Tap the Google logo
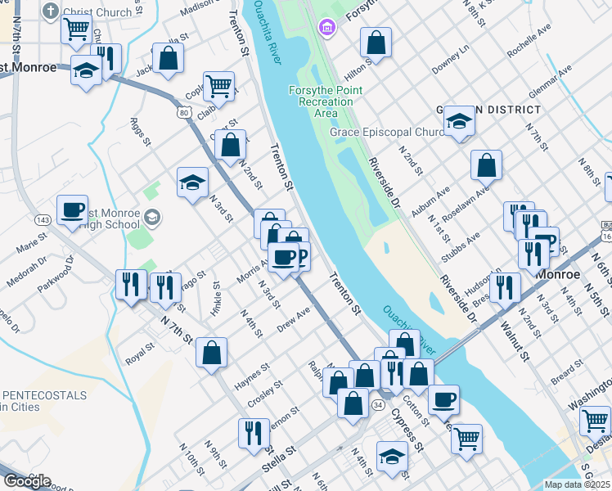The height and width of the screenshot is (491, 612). [x=26, y=481]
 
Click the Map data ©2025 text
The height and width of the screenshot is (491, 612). [x=576, y=484]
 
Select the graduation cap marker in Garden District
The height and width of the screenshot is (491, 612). [x=460, y=122]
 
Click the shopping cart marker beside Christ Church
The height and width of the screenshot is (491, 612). [x=75, y=29]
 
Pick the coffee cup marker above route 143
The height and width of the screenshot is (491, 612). [x=72, y=209]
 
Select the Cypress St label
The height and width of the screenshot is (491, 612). [x=407, y=434]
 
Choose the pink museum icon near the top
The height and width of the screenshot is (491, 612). [x=327, y=29]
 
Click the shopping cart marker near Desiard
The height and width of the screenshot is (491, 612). [x=594, y=421]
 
